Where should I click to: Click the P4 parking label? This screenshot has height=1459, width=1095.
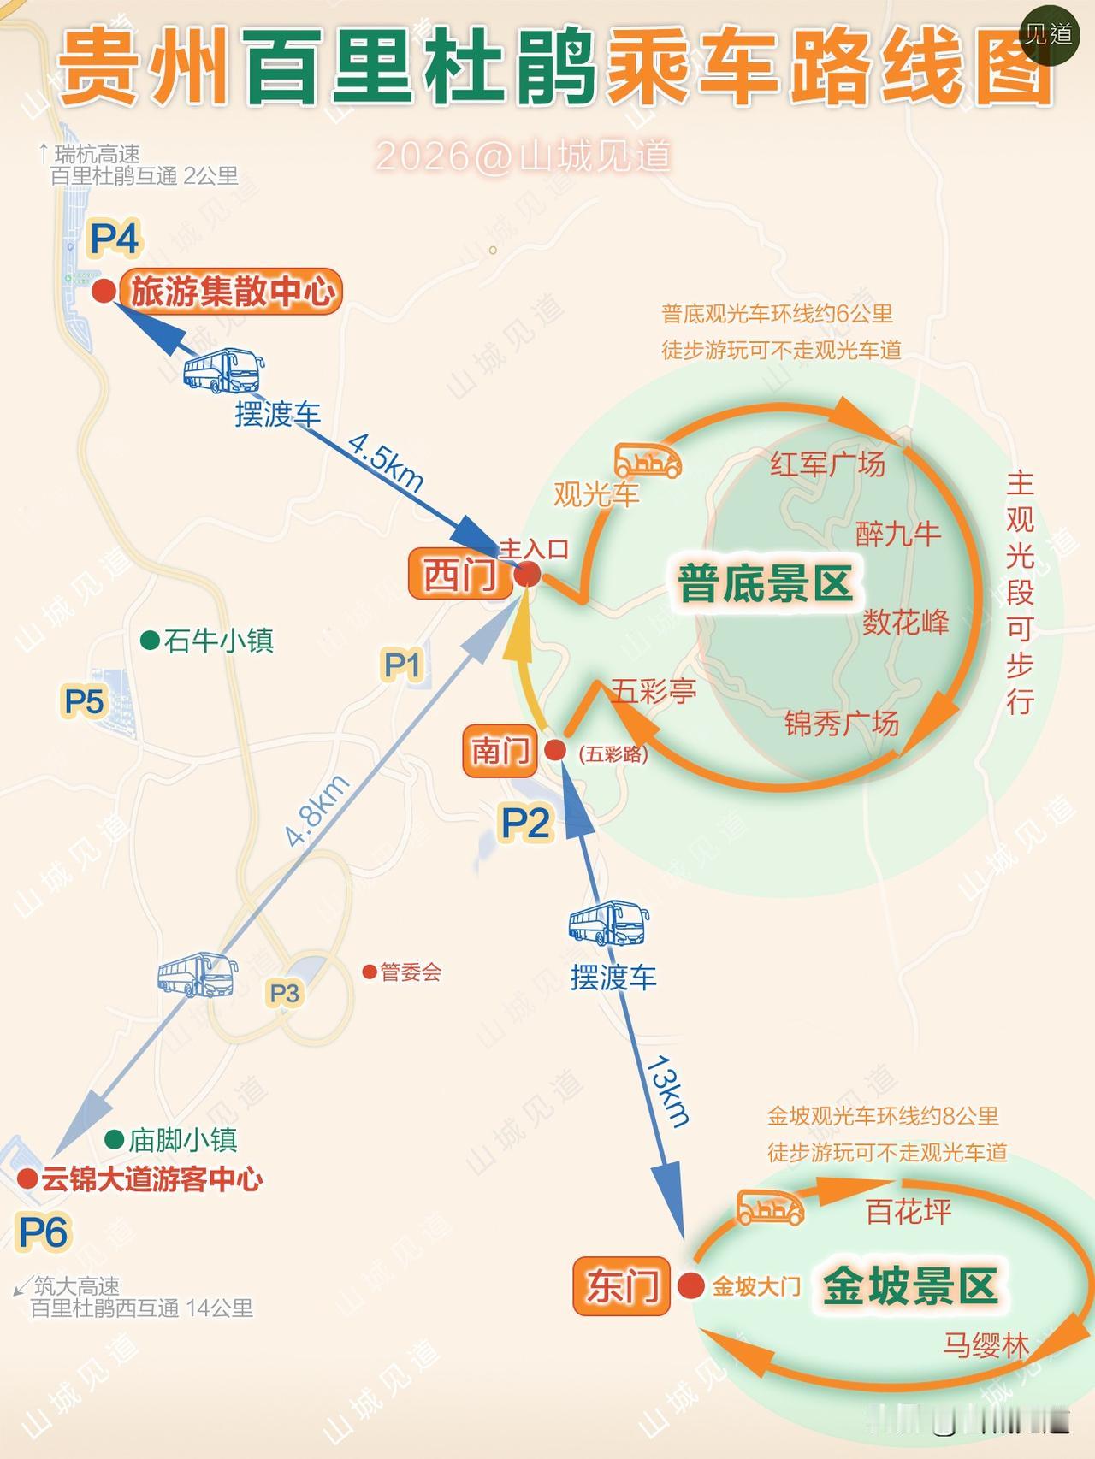115,239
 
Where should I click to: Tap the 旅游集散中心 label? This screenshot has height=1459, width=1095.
232,292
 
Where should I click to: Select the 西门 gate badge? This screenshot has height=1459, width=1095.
459,575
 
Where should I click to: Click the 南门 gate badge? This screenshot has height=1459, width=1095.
500,752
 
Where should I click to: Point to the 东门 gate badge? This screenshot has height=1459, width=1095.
622,1286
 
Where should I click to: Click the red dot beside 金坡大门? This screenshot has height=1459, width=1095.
690,1285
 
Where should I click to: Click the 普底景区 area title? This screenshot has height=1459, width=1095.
765,585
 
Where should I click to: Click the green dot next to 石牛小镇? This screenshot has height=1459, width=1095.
151,640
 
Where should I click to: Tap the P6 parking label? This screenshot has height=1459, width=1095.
43,1233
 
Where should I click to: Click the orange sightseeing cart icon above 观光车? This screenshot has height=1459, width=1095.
648,461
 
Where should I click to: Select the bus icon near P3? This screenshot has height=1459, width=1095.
197,975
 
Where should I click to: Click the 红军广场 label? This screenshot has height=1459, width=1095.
827,464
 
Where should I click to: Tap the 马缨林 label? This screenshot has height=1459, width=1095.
986,1345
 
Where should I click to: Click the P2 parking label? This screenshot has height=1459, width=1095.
525,824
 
